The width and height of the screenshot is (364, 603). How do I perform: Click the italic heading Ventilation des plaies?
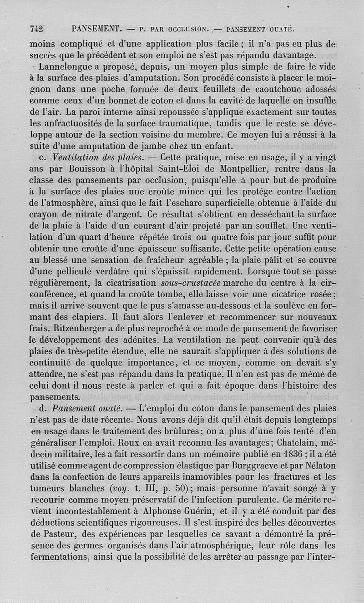pos(92,157)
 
